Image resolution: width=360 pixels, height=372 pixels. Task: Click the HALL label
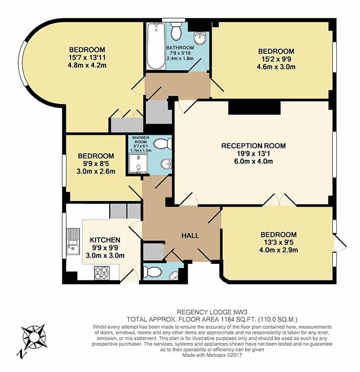190,236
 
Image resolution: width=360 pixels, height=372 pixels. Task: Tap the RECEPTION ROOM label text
253,146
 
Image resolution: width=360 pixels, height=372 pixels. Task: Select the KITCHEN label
105,240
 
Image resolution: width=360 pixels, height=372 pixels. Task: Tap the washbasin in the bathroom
200,38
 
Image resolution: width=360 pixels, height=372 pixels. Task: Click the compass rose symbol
33,338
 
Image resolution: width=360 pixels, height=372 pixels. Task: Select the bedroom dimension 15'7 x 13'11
87,58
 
